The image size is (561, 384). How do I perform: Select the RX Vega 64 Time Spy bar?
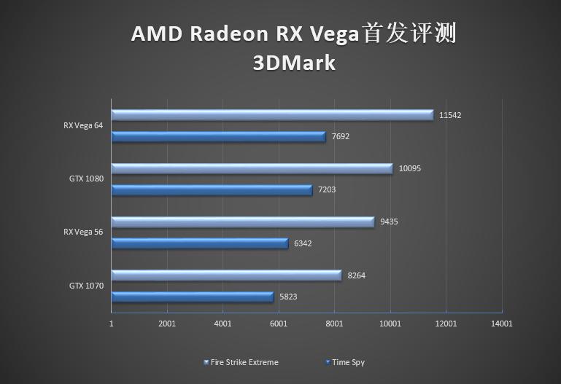(218, 136)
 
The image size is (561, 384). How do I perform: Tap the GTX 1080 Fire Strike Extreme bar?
(252, 168)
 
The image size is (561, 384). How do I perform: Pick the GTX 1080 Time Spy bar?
(212, 189)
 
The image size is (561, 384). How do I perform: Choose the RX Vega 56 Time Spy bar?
(200, 243)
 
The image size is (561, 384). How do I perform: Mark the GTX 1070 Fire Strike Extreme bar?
(226, 275)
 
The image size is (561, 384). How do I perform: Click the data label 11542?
(450, 115)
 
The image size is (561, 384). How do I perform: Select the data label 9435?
(387, 222)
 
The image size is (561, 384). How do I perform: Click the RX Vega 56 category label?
(83, 232)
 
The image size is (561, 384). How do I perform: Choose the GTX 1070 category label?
(86, 286)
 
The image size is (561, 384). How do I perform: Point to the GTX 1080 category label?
(86, 179)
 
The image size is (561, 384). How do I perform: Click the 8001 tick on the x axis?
(334, 324)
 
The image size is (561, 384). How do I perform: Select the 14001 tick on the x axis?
(502, 324)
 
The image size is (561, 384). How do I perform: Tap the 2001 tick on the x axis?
(167, 324)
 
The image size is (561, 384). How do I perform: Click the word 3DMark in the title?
(294, 63)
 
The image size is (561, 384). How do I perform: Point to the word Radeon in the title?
(228, 34)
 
